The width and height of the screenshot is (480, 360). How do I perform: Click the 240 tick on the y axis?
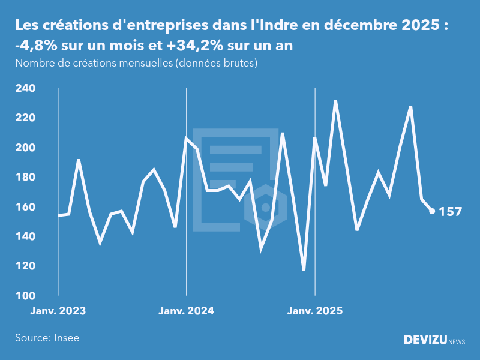tap(25, 88)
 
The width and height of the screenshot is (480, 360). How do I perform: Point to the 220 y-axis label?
tap(25, 118)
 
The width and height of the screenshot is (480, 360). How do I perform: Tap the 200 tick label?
tap(25, 148)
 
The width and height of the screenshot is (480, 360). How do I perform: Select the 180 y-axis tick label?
tap(25, 177)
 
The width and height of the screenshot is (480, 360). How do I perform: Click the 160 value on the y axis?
tap(25, 207)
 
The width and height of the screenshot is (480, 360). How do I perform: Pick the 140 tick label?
tap(25, 236)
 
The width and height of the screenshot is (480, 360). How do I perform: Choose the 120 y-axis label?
tap(25, 266)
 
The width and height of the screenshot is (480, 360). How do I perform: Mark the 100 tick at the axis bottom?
tap(25, 296)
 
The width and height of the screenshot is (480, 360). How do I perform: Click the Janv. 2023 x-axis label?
tap(58, 311)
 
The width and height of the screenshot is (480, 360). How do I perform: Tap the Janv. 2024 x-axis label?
tap(186, 311)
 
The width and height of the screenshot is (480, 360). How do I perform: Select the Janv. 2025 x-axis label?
tap(315, 311)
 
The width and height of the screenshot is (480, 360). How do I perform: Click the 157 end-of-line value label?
tap(451, 211)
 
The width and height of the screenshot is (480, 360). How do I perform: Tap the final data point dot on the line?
tap(432, 211)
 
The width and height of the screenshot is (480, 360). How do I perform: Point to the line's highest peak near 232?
tap(335, 101)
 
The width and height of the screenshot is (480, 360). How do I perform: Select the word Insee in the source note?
tap(66, 338)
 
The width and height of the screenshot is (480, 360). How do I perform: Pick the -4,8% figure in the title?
tap(35, 46)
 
